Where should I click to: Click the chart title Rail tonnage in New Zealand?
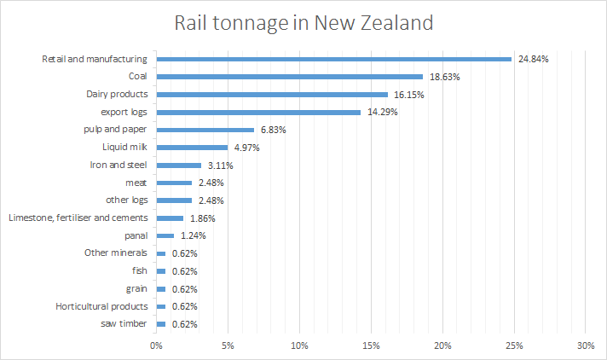[303, 23]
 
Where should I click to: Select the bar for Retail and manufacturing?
[333, 59]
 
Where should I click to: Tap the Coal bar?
[289, 77]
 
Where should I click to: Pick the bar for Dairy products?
[272, 95]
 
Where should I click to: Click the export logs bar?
[258, 112]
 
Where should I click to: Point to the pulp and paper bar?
[205, 130]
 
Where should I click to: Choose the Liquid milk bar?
[192, 148]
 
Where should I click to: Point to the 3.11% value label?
[219, 165]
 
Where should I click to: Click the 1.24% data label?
[193, 235]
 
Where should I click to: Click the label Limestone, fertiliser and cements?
[78, 218]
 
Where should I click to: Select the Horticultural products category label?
[101, 306]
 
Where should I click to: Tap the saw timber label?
[123, 324]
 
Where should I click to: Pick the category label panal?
[136, 235]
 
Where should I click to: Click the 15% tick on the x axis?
[371, 345]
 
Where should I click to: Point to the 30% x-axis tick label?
[585, 345]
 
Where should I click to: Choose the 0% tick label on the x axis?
[156, 345]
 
